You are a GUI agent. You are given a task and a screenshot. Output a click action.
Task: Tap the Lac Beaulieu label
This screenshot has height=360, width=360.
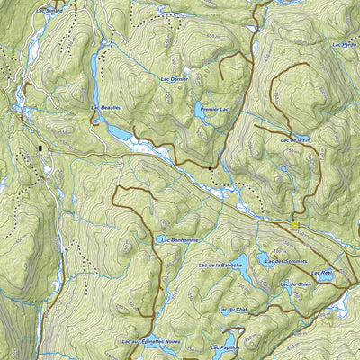106,108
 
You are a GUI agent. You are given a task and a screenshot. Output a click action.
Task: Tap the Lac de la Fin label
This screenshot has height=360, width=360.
295,140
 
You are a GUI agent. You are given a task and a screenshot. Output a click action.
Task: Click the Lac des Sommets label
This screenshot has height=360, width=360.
290,261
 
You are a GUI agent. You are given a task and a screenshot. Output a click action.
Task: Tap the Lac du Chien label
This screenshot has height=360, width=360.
294,284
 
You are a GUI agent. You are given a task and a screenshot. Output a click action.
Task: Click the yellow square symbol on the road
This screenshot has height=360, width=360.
294,224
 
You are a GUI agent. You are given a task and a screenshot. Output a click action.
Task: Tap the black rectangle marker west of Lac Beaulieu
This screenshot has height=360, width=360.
40,148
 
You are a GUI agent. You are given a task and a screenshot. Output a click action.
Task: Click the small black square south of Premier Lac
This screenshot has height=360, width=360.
211,167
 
